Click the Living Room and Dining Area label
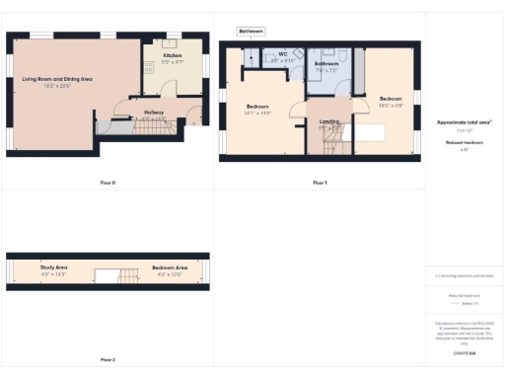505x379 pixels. pyautogui.click(x=57, y=78)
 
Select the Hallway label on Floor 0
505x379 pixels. pyautogui.click(x=153, y=114)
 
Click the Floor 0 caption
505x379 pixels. pyautogui.click(x=108, y=183)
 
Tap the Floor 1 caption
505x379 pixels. pyautogui.click(x=319, y=183)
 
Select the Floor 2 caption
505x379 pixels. pyautogui.click(x=108, y=359)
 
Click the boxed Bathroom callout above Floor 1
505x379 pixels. pyautogui.click(x=251, y=32)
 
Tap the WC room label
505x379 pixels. pyautogui.click(x=282, y=54)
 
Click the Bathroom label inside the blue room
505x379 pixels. pyautogui.click(x=326, y=65)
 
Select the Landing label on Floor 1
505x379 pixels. pyautogui.click(x=329, y=121)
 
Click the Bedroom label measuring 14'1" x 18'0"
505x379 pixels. pyautogui.click(x=257, y=106)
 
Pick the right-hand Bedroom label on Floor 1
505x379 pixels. pyautogui.click(x=391, y=99)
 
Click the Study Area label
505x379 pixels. pyautogui.click(x=53, y=267)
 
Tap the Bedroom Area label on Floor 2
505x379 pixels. pyautogui.click(x=170, y=267)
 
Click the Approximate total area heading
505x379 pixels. pyautogui.click(x=463, y=122)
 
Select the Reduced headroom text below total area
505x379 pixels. pyautogui.click(x=463, y=142)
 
